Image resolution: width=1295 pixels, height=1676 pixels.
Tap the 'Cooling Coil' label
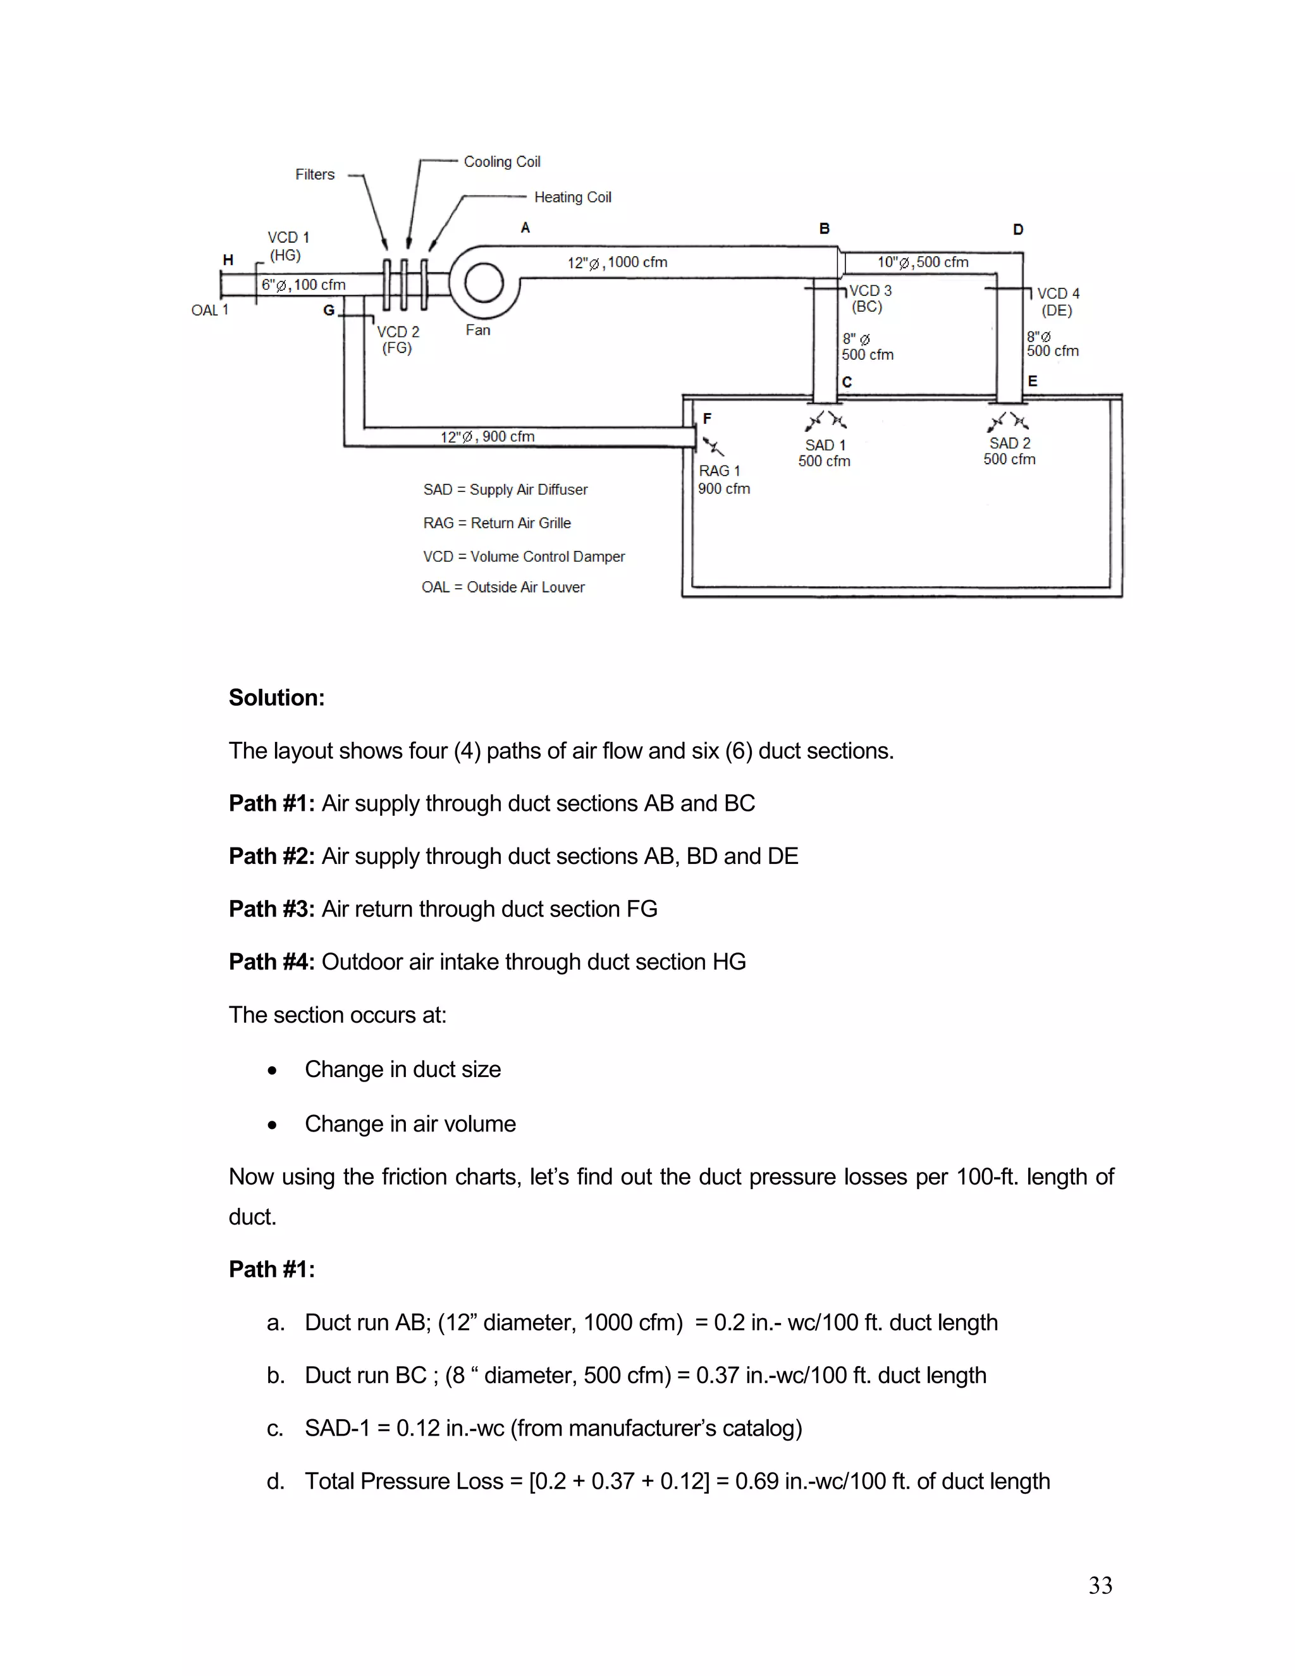coord(501,162)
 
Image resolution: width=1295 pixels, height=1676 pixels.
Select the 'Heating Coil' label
coord(572,197)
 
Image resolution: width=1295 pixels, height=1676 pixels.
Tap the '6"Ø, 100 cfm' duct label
coord(303,285)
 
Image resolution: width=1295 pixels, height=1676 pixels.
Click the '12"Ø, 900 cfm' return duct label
coord(487,436)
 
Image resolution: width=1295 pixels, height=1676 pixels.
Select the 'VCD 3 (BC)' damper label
coord(869,299)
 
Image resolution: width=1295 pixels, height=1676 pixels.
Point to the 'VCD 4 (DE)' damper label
coord(1058,302)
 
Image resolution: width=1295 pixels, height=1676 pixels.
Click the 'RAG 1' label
coord(719,471)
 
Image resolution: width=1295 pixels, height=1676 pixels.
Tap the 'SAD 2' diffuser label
coord(1010,443)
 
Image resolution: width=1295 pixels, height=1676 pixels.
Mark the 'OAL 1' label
coord(209,310)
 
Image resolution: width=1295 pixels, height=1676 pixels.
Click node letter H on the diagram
coord(228,260)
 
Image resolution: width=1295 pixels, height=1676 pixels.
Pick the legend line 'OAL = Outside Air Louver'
coord(503,587)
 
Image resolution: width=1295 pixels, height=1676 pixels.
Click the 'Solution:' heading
coord(276,698)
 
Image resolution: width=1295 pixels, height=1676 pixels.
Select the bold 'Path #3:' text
coord(271,909)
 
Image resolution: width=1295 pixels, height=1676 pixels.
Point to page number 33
coord(1100,1586)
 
